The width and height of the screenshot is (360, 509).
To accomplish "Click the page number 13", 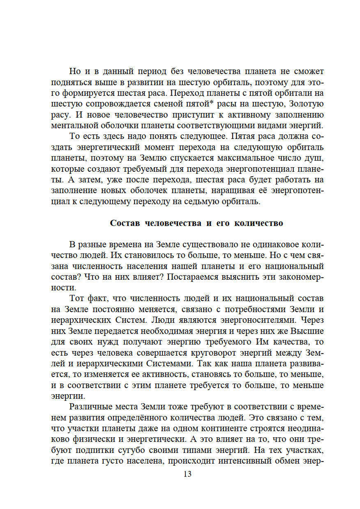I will pos(187,474).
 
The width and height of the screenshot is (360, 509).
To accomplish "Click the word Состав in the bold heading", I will pos(125,223).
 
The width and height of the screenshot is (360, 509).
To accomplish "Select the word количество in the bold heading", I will pos(258,223).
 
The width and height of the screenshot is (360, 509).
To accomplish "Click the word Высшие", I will pos(307,331).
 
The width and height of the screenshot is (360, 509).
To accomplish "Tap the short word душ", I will pos(316,158).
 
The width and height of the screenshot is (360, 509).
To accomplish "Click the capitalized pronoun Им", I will pos(262,342).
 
